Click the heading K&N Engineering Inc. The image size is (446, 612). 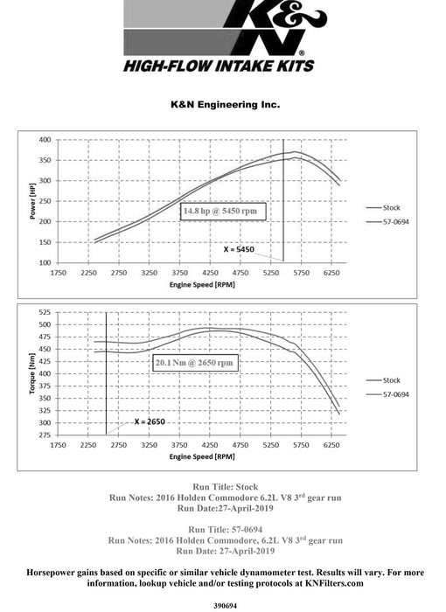coord(225,103)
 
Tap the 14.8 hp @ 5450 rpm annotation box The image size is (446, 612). coord(223,212)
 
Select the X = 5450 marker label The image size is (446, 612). coord(238,249)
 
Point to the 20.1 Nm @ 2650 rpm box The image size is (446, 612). coord(194,362)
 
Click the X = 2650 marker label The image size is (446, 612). coord(150,421)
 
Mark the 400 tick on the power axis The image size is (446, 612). coord(44,140)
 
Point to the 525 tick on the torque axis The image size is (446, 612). coord(44,312)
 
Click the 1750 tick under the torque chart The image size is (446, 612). coord(59,445)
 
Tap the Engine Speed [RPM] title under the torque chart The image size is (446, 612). coord(201,456)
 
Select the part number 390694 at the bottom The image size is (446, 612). coord(225,602)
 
